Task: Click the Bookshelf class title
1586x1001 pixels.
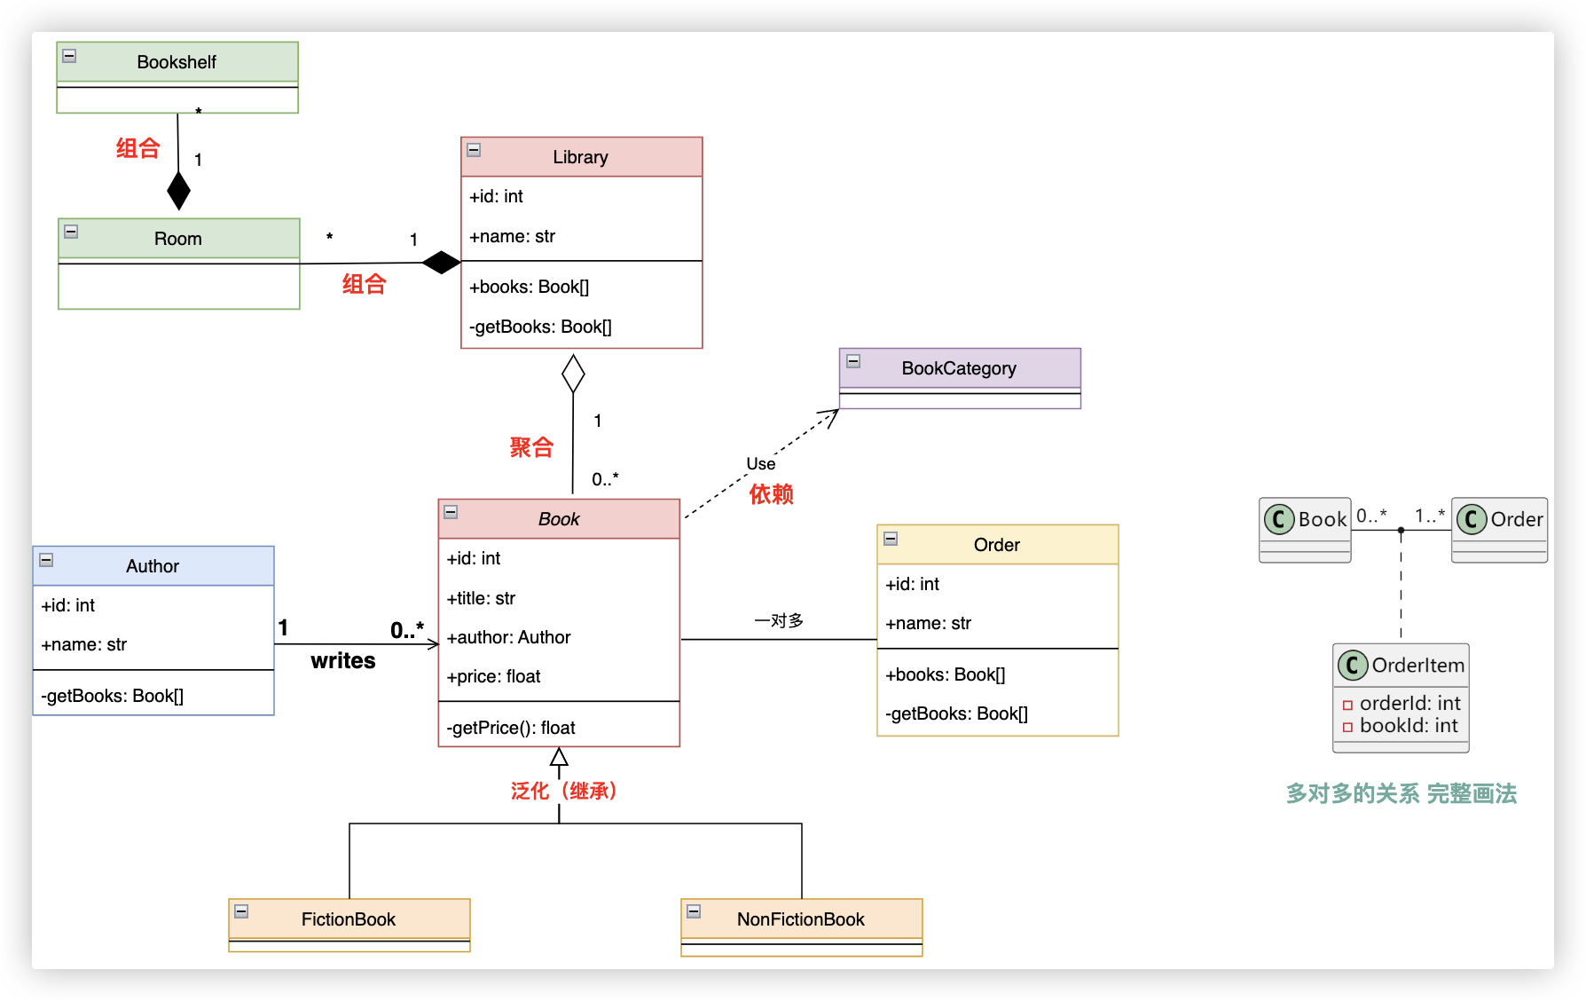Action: click(x=177, y=62)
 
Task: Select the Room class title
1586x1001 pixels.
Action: click(x=178, y=239)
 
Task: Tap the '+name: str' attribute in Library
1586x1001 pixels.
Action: click(x=513, y=236)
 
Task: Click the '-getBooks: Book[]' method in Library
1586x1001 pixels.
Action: click(x=540, y=327)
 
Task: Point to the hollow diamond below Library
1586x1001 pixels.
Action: click(x=573, y=374)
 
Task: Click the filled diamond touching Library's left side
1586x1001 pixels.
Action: click(x=441, y=263)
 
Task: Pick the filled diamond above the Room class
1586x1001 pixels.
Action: click(x=179, y=190)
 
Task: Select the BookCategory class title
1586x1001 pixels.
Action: click(x=959, y=368)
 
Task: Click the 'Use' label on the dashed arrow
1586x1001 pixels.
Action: click(x=761, y=464)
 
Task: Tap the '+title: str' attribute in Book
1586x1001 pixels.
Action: click(x=481, y=598)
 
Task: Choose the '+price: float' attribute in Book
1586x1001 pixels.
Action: click(x=493, y=676)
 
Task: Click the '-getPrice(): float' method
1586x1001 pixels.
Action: click(x=511, y=728)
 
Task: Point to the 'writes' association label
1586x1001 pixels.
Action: click(x=343, y=661)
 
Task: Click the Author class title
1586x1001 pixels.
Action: click(x=153, y=566)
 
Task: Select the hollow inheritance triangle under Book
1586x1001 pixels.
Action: click(x=559, y=757)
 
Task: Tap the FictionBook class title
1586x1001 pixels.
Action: click(x=349, y=919)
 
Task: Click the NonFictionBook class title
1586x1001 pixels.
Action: click(x=801, y=919)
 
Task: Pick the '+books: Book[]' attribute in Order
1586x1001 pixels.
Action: click(x=946, y=674)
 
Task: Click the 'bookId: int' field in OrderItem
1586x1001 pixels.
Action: click(x=1409, y=726)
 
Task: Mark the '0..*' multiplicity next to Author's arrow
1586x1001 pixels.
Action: click(x=407, y=630)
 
